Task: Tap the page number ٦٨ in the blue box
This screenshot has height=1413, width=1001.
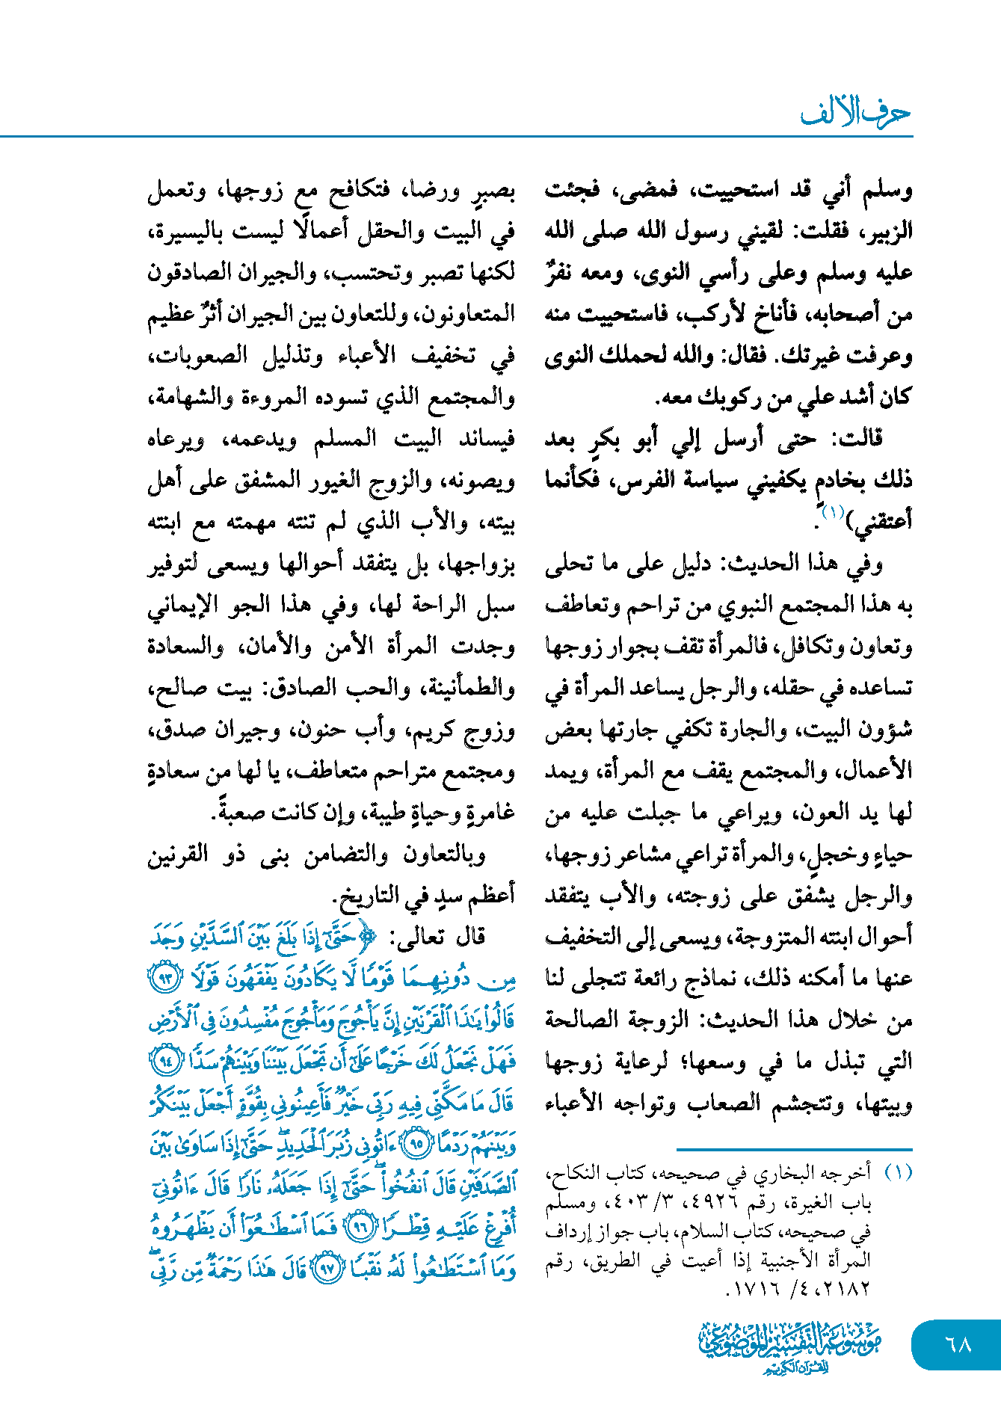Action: coord(958,1344)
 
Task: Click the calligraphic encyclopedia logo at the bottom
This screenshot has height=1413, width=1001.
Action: coord(790,1348)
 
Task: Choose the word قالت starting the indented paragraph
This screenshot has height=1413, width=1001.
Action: coord(857,439)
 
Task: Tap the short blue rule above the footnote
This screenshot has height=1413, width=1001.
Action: coord(794,1149)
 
